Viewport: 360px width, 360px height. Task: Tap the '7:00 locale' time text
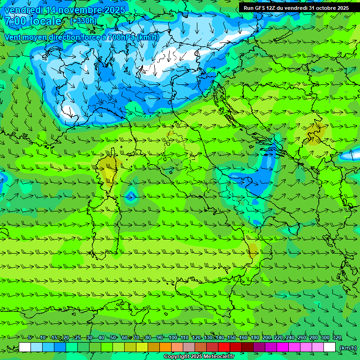click(x=33, y=21)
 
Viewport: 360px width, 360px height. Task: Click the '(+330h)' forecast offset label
click(x=83, y=21)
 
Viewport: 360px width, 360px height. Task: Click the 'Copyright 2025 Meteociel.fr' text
click(x=199, y=357)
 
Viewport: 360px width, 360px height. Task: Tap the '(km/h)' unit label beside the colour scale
click(x=348, y=348)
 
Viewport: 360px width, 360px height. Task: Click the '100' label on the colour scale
click(x=172, y=338)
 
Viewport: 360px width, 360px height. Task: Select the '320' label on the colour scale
click(x=337, y=338)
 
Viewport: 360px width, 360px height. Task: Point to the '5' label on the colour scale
click(x=30, y=338)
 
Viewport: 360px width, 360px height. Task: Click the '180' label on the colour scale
click(x=255, y=338)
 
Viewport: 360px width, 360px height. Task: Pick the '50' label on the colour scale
click(x=113, y=338)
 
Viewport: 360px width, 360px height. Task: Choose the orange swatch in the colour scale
click(x=165, y=347)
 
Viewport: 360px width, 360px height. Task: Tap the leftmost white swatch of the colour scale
click(x=25, y=347)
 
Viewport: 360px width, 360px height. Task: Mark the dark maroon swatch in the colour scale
click(x=247, y=347)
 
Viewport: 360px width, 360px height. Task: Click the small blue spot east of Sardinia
click(x=131, y=196)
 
